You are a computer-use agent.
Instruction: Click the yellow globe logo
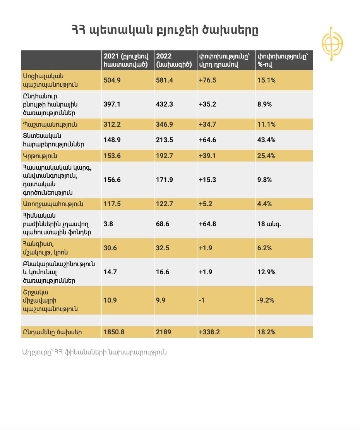coord(332,44)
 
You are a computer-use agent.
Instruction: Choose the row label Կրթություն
coord(40,156)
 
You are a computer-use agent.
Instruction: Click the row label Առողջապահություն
coord(53,204)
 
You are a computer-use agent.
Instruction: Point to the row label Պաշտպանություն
coord(50,125)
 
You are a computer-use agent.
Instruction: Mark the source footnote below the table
coord(94,352)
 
